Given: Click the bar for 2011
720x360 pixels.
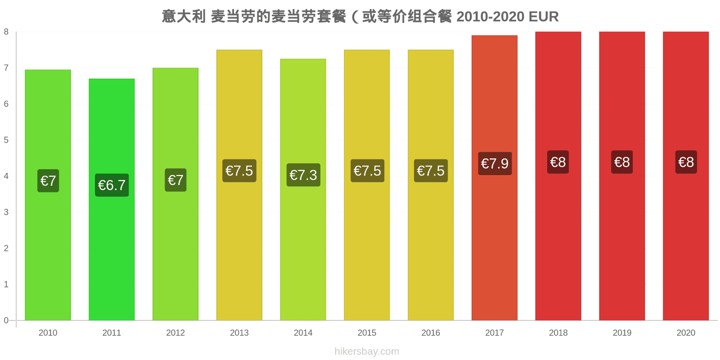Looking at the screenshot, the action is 112,199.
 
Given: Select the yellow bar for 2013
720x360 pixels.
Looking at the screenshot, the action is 239,185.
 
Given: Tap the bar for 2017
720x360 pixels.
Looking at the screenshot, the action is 495,178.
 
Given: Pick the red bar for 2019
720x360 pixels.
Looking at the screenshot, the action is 622,176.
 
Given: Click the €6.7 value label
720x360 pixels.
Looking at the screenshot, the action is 112,185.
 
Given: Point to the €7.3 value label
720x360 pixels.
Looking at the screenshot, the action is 303,175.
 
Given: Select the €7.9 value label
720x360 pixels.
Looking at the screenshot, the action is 495,163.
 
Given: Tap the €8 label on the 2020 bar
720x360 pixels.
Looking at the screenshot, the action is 686,162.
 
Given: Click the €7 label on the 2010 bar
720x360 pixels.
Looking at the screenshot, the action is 48,180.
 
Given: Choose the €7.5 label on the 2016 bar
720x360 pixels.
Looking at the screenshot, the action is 431,171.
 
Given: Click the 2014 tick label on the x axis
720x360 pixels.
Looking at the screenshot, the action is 303,333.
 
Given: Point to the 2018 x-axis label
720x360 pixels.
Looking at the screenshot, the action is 558,333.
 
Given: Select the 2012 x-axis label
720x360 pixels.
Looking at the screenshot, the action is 175,333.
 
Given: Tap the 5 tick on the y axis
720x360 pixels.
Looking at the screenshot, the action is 6,140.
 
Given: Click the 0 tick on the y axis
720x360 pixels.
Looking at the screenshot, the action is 6,320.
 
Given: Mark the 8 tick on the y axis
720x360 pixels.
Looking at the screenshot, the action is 6,31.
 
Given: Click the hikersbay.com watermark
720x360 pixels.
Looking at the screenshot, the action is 367,351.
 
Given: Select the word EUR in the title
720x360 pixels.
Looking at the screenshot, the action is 544,17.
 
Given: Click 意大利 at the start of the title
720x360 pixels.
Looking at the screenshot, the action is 184,16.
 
